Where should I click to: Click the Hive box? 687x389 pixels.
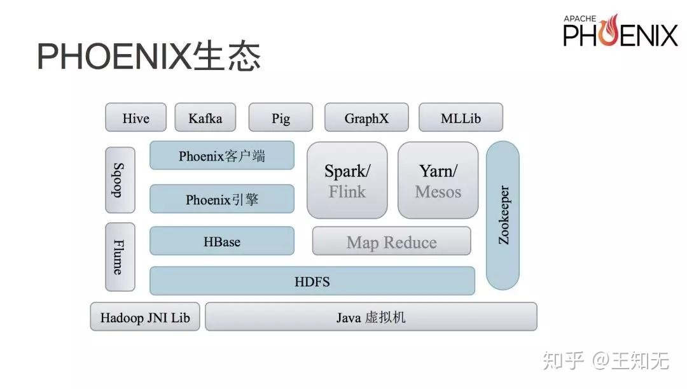click(135, 118)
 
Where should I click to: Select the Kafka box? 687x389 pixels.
click(205, 118)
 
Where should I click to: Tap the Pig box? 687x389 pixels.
click(281, 118)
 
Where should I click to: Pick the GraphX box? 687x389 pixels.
click(366, 118)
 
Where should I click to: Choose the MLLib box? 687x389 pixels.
click(461, 118)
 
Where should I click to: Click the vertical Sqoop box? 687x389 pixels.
click(120, 180)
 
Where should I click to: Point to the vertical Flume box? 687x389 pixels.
click(120, 257)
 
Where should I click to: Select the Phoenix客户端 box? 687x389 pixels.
click(222, 155)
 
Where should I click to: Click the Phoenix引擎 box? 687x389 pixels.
click(222, 199)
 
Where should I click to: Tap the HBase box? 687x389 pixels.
click(222, 241)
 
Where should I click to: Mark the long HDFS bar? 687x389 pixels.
click(312, 281)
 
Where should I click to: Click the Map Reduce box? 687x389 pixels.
click(391, 242)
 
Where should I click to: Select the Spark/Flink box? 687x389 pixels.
click(347, 180)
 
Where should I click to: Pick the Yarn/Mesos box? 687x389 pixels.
click(438, 180)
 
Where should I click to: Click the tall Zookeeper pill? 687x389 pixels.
click(503, 215)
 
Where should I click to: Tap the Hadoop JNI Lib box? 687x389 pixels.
click(145, 317)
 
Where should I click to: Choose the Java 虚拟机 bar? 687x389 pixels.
click(371, 317)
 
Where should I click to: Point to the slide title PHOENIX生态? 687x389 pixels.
click(149, 57)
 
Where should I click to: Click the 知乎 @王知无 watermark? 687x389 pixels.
click(606, 361)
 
